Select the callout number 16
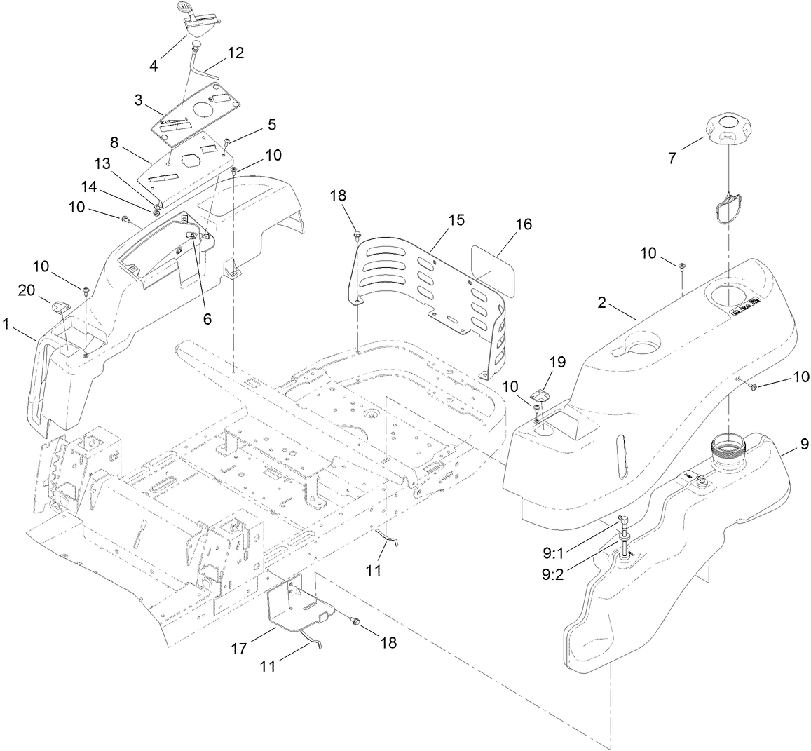523,224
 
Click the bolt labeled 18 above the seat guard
357,233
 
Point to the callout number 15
456,219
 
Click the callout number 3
139,100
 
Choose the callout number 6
207,318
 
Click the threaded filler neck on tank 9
728,446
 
